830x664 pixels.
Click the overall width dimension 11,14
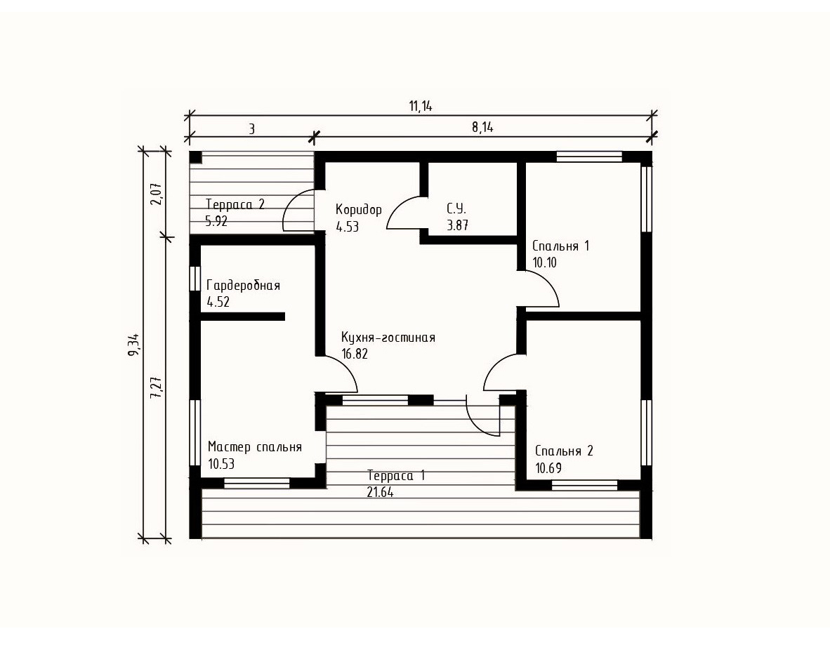(421, 107)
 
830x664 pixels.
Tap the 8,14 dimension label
(482, 128)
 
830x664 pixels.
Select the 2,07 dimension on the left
(156, 194)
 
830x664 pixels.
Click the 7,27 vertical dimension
(156, 388)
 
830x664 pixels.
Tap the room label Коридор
(358, 209)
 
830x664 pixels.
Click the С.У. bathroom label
(456, 208)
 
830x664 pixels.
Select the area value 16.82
(355, 354)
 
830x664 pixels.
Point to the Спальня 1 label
(560, 246)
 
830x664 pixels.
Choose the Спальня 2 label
(564, 451)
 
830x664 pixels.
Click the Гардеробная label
(243, 286)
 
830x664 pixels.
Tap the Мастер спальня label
(255, 447)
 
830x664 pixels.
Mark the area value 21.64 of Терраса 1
(380, 492)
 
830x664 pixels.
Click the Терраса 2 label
(235, 204)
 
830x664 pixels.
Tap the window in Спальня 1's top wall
(588, 157)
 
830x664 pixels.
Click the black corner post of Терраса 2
(195, 157)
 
